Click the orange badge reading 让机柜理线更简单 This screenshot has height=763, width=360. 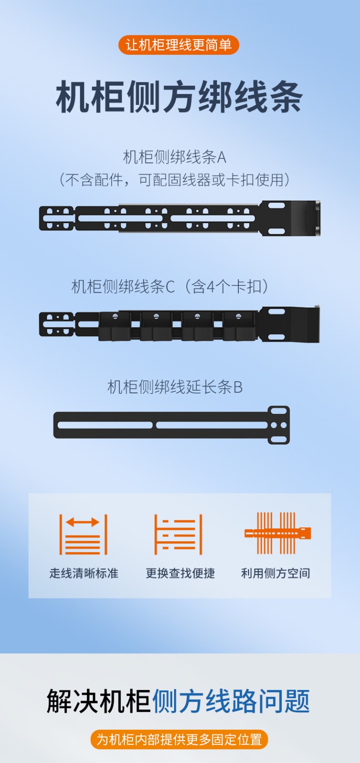179,45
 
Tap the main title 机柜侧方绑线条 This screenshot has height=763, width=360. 179,97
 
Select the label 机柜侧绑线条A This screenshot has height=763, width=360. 175,157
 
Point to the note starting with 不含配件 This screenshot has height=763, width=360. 175,179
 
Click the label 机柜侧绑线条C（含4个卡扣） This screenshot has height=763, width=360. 170,286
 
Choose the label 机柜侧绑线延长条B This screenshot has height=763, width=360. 175,387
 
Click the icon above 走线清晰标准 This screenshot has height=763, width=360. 83,534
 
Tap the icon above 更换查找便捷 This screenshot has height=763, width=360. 178,534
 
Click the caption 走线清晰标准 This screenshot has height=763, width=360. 84,573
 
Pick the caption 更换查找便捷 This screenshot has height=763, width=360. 180,573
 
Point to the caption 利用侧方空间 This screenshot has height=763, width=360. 276,573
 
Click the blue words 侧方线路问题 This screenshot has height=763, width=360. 231,701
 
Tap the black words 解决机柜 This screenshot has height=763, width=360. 98,701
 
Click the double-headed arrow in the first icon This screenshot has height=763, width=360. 83,522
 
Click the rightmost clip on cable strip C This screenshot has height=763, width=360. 238,326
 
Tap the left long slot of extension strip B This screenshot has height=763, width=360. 105,425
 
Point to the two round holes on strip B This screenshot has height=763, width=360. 278,425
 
